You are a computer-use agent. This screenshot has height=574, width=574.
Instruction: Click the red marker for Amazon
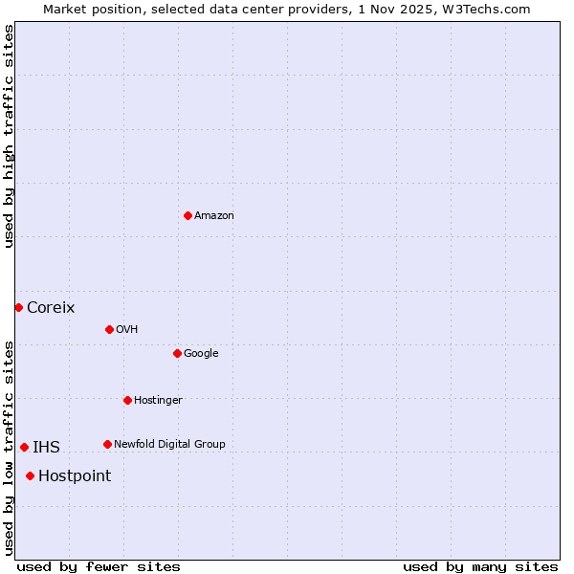pos(188,215)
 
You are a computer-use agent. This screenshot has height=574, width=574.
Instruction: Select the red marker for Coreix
pos(18,307)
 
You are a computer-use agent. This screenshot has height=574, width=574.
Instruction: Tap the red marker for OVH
pos(109,329)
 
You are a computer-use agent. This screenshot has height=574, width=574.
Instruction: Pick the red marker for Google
pos(177,353)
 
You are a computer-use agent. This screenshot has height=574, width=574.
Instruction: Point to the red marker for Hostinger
pos(127,400)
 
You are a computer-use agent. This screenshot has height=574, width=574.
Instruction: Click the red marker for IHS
pos(24,447)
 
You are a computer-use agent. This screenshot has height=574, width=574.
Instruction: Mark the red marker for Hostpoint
pos(30,475)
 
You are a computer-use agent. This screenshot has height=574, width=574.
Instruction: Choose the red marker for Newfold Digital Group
pos(107,444)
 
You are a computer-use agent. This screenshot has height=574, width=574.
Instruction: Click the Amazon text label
pos(214,216)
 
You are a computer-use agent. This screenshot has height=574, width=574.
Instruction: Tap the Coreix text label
pos(51,308)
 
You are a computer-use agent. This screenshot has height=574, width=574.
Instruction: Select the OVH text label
pos(127,330)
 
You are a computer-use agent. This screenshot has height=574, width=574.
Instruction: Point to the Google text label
pos(201,354)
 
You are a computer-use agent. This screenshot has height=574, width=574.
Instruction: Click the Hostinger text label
pos(158,401)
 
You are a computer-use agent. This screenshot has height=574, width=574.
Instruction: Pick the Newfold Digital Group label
pos(169,445)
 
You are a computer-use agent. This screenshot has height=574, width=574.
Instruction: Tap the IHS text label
pos(46,448)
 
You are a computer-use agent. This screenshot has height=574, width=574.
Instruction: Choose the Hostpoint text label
pos(75,476)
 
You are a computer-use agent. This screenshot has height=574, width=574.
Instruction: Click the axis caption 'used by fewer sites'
pos(99,566)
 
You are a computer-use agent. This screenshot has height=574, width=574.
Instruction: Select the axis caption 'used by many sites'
pos(480,566)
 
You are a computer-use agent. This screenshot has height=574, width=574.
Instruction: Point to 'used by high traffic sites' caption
pos(9,136)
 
